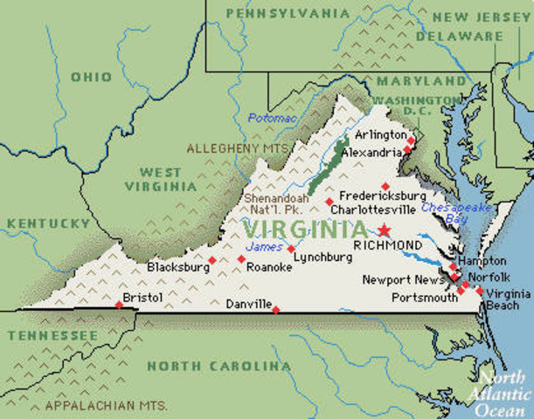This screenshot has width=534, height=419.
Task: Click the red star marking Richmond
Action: (384, 230)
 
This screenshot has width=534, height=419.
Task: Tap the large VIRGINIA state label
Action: (304, 230)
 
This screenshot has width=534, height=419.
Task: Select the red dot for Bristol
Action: (120, 305)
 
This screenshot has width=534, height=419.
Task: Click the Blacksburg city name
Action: (176, 266)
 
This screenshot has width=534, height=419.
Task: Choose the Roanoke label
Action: (269, 267)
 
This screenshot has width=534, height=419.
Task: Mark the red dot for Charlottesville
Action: (329, 203)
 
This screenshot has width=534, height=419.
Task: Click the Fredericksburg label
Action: (383, 196)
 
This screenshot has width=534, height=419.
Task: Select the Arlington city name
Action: (380, 135)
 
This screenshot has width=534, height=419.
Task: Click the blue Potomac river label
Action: (272, 117)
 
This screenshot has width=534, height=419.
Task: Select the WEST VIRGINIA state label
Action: (160, 179)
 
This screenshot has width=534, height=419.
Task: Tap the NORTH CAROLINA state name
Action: (218, 366)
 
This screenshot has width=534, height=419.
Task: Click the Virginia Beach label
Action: (509, 299)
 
